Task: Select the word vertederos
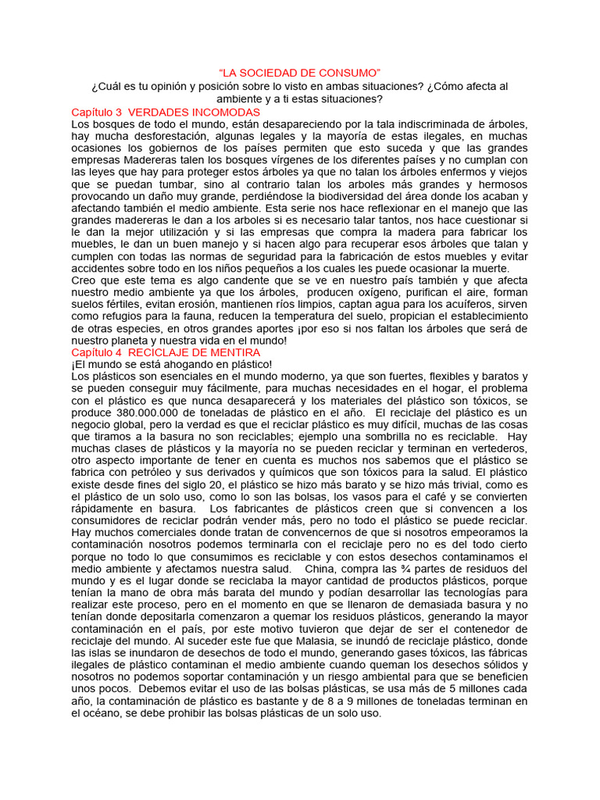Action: [489, 448]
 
